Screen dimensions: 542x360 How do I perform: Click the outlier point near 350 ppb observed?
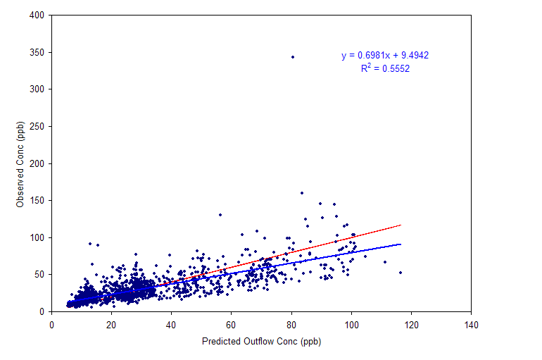tap(293, 57)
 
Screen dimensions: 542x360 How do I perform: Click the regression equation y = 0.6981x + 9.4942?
tap(385, 56)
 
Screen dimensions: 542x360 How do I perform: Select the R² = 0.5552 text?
tap(385, 68)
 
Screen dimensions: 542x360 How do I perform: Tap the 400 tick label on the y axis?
tap(37, 15)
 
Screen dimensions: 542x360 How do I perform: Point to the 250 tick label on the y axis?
tap(37, 127)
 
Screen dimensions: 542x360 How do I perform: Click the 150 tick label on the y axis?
tap(37, 201)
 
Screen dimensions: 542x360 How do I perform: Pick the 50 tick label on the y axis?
tap(39, 275)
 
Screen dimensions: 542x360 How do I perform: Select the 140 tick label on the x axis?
tap(471, 325)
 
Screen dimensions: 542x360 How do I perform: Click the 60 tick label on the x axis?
tap(231, 325)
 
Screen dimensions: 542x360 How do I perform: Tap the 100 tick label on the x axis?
tap(351, 325)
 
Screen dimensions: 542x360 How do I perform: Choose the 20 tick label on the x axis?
tap(111, 325)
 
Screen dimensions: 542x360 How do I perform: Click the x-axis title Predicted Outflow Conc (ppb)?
tap(261, 341)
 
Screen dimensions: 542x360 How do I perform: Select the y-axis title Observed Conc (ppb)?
tap(20, 164)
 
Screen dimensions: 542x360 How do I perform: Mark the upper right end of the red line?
tap(401, 225)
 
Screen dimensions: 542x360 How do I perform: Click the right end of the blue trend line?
tap(401, 244)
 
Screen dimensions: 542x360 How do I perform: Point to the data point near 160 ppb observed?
tap(302, 193)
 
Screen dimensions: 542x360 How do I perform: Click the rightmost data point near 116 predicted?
tap(401, 273)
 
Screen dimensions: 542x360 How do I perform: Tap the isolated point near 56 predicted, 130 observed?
tap(220, 215)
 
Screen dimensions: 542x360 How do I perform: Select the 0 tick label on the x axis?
tap(51, 325)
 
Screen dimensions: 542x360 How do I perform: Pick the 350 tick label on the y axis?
tap(37, 53)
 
